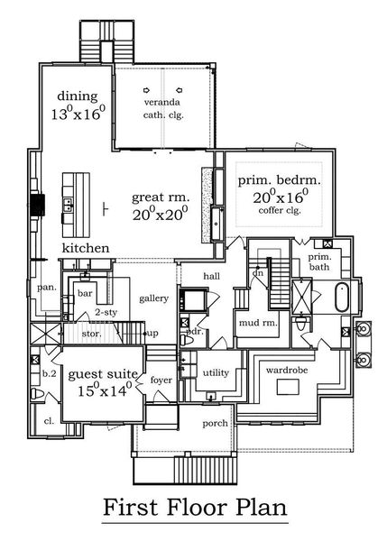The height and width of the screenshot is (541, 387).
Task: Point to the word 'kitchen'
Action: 86,248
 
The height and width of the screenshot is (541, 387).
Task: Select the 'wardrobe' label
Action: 288,368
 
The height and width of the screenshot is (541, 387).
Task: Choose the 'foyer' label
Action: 161,380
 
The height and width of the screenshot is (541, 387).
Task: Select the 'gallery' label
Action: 154,298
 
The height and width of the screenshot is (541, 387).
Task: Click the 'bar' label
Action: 87,293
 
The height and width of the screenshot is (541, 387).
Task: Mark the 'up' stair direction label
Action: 152,334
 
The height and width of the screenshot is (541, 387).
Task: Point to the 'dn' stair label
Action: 257,272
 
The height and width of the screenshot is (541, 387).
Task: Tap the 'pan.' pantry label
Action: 47,287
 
